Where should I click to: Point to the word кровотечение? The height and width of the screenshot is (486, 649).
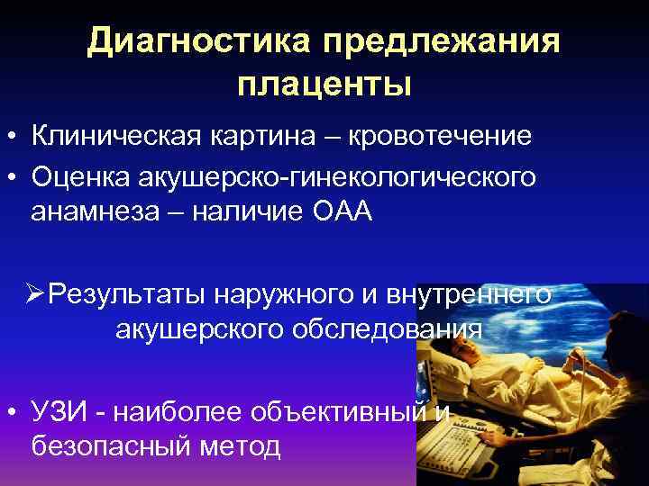tap(439, 136)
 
